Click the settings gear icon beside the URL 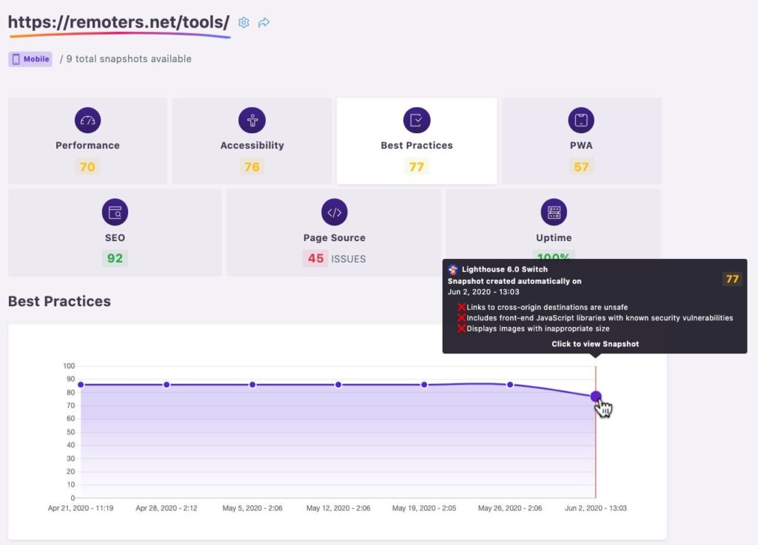coord(244,23)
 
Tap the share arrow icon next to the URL coord(264,23)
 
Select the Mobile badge coord(30,59)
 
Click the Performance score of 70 coord(87,167)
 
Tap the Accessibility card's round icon coord(252,121)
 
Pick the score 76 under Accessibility coord(252,167)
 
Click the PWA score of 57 coord(581,167)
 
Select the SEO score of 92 coord(115,258)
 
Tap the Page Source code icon coord(335,212)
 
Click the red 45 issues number coord(315,258)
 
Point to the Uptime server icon coord(554,212)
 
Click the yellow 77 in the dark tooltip coord(732,279)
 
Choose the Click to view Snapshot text coord(595,344)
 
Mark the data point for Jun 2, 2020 coord(596,396)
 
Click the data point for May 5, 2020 coord(252,385)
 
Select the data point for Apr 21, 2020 coord(81,385)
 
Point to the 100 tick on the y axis coord(69,366)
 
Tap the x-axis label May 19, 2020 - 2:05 coord(424,508)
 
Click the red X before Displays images coord(461,329)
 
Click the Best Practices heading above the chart coord(59,301)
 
